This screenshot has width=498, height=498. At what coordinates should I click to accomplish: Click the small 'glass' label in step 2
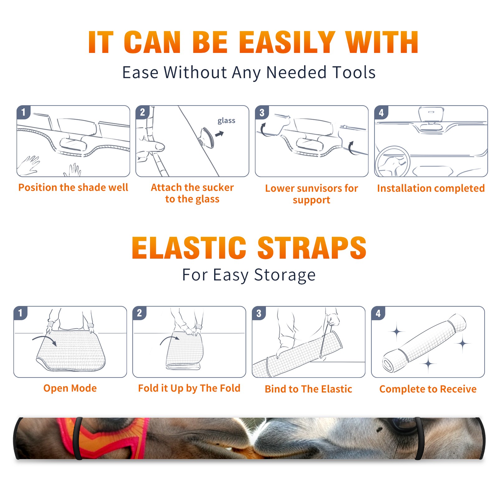click(x=226, y=121)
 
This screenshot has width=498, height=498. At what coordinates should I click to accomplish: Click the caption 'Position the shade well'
click(x=73, y=187)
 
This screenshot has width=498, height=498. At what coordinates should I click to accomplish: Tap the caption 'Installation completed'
click(x=431, y=188)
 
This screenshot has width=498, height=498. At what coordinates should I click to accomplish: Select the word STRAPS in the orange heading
click(x=312, y=248)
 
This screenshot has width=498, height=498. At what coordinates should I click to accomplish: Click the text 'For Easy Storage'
click(x=249, y=275)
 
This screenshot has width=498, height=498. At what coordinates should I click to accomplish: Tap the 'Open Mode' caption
click(x=70, y=388)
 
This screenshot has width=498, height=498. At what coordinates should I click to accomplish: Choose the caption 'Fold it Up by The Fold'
click(x=189, y=388)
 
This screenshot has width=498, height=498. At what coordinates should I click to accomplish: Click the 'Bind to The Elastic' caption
click(x=308, y=389)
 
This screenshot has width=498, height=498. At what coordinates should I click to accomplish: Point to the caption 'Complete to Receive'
click(x=428, y=389)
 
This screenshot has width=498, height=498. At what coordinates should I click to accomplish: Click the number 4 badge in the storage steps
click(x=378, y=313)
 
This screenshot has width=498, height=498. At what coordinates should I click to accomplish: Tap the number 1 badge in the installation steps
click(x=24, y=112)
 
